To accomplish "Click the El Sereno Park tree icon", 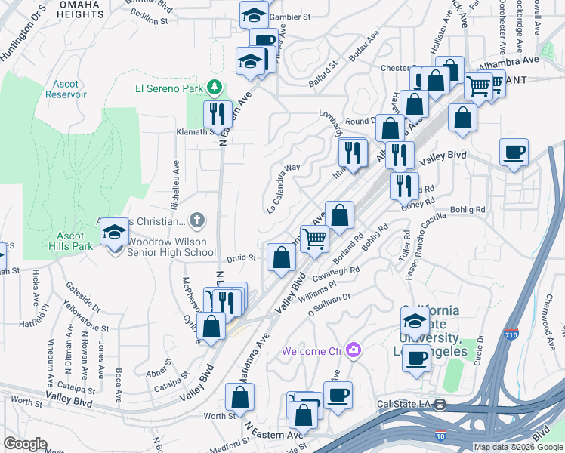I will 215,88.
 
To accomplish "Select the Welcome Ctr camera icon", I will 353,350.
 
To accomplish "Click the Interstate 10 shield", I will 440,436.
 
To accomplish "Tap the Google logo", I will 25,444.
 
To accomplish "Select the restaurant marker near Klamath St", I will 217,115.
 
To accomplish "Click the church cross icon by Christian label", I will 196,220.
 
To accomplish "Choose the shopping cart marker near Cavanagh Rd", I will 315,239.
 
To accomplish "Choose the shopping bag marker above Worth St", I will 239,396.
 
